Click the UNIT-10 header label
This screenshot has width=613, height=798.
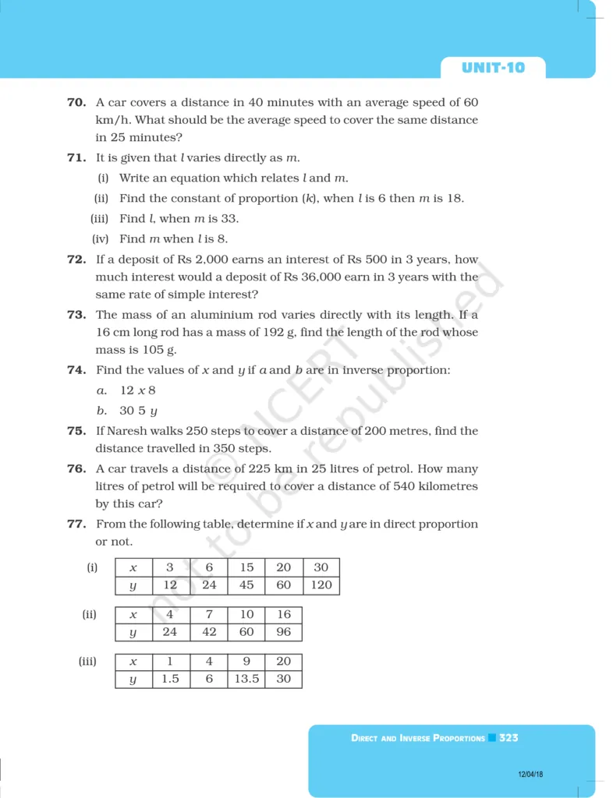pyautogui.click(x=493, y=68)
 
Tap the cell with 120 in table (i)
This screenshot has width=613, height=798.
pyautogui.click(x=321, y=585)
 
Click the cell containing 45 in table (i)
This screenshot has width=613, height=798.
pyautogui.click(x=246, y=585)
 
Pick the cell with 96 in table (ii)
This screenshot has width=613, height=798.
pyautogui.click(x=283, y=632)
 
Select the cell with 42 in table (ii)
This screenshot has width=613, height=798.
pyautogui.click(x=209, y=632)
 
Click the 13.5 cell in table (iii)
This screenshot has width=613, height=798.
pyautogui.click(x=246, y=679)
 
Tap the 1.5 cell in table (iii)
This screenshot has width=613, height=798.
pyautogui.click(x=170, y=679)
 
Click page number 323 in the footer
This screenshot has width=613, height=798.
pyautogui.click(x=508, y=737)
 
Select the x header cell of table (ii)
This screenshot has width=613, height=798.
pyautogui.click(x=133, y=615)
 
